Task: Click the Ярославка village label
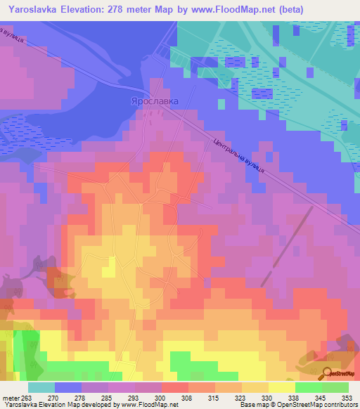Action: (x=154, y=101)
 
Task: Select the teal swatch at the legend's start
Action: (x=41, y=387)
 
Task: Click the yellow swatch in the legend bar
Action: (x=282, y=387)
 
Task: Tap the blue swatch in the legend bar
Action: (x=68, y=387)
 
